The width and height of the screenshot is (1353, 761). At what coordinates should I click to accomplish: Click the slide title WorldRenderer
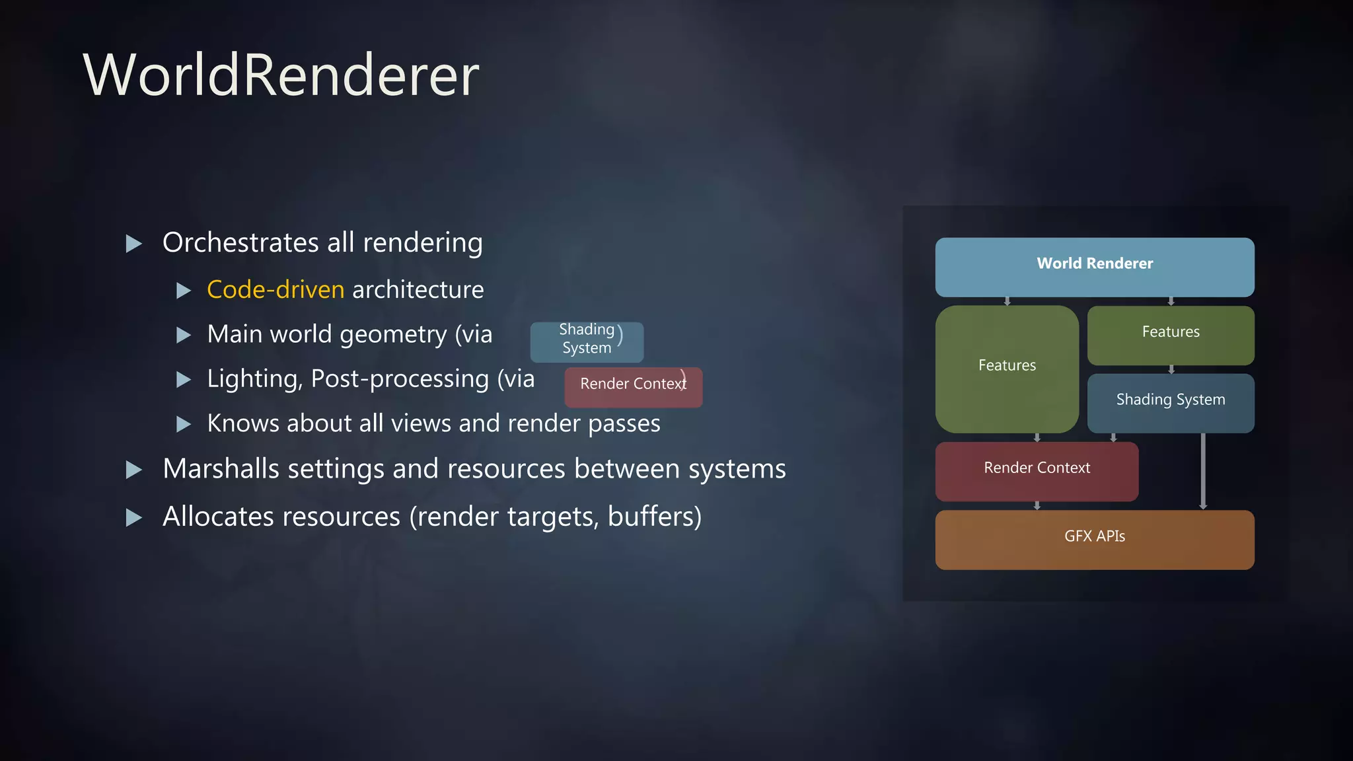click(x=281, y=75)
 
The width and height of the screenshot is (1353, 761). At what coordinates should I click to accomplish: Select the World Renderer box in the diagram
click(x=1094, y=266)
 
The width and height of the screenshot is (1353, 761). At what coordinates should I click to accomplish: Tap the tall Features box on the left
click(x=1006, y=368)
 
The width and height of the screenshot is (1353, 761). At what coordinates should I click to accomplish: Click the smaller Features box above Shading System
click(x=1170, y=334)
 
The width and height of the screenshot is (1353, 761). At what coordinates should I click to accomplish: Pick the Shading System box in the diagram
click(x=1170, y=402)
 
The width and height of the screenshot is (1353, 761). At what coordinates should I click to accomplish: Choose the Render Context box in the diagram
click(x=1036, y=470)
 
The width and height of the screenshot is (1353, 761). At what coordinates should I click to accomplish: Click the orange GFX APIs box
click(x=1094, y=538)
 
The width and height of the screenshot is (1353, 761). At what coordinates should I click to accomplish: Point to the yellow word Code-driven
click(x=275, y=290)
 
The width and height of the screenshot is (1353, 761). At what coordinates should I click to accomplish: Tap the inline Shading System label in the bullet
click(x=586, y=341)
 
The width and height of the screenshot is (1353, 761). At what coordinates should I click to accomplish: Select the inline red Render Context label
click(x=632, y=386)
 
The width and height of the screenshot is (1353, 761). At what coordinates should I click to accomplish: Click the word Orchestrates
click(x=240, y=243)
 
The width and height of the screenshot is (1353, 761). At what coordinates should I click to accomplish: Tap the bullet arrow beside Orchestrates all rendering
click(x=134, y=244)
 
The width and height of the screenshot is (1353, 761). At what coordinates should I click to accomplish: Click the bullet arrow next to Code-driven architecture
click(x=184, y=291)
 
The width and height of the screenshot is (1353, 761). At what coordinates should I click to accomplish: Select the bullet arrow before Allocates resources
click(x=134, y=517)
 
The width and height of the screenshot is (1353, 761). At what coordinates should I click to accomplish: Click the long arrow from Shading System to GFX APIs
click(x=1202, y=470)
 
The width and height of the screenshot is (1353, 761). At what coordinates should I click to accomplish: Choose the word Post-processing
click(x=400, y=379)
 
